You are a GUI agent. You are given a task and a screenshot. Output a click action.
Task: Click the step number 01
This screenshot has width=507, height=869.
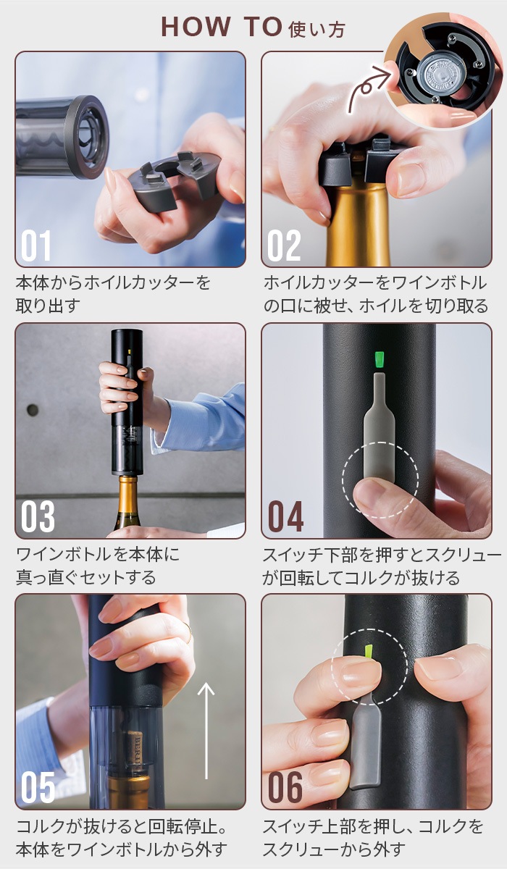coord(36,245)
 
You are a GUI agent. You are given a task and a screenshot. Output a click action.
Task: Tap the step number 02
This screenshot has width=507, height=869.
coord(283,245)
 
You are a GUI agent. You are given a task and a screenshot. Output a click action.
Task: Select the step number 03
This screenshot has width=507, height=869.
coord(38,516)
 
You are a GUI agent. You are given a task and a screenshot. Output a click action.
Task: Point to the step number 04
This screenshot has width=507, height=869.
coord(285,516)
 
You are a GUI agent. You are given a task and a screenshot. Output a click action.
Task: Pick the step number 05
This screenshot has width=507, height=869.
coord(38,787)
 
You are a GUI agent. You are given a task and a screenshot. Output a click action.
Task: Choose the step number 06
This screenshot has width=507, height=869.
coord(285,787)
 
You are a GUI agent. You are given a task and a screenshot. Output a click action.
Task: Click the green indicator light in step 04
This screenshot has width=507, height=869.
coord(379,359)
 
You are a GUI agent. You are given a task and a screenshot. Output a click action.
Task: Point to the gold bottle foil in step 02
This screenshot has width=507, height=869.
coord(359,224)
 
